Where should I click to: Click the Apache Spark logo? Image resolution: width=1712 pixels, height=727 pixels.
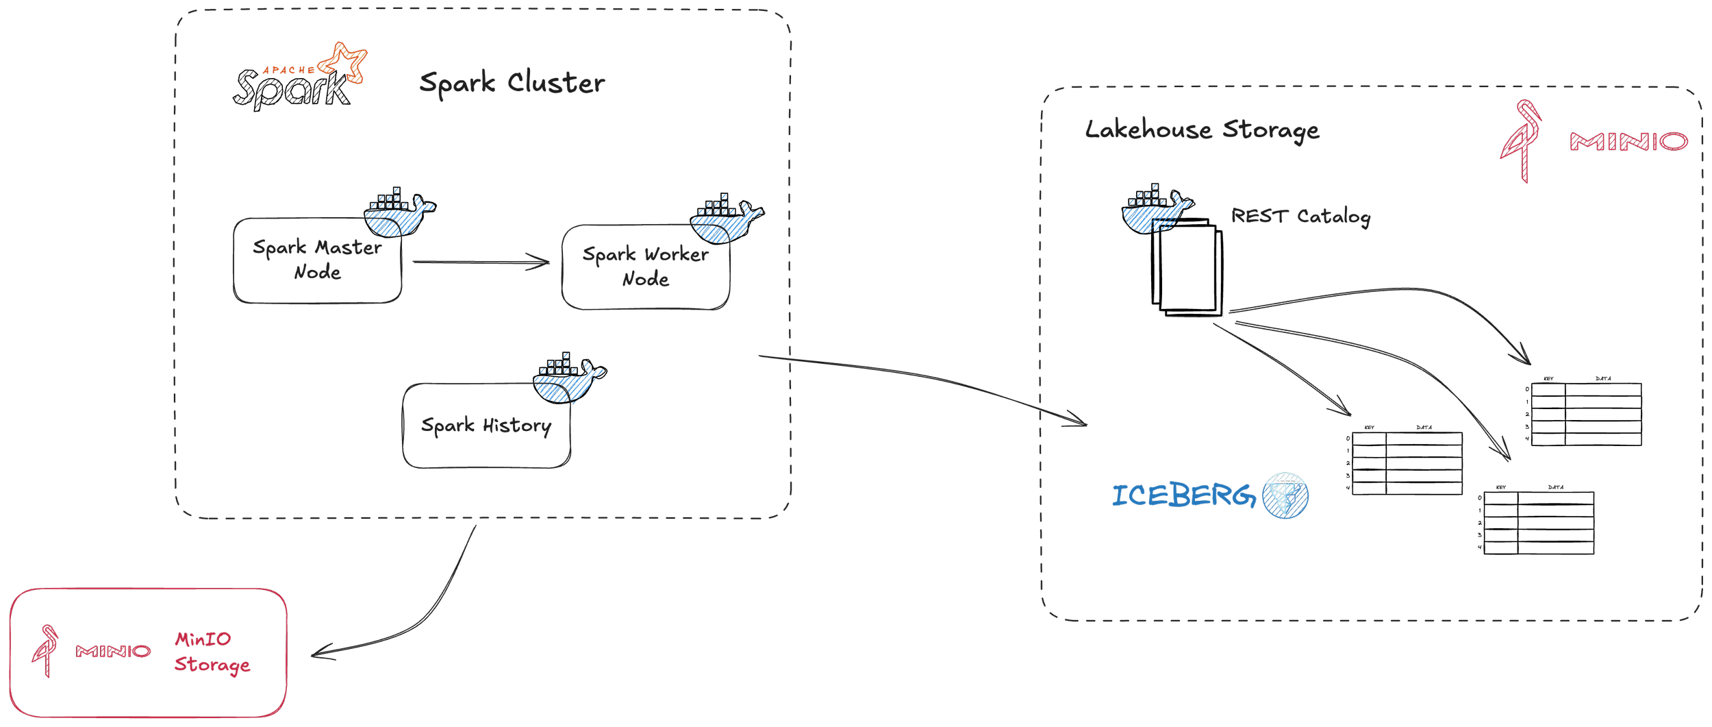coord(300,77)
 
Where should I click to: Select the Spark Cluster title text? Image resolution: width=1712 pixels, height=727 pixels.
coord(512,83)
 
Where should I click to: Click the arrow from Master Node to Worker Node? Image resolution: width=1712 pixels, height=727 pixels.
coord(481,262)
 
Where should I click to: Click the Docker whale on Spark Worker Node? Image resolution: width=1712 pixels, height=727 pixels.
coord(727,219)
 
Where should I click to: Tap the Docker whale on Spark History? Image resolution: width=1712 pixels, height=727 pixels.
coord(570,378)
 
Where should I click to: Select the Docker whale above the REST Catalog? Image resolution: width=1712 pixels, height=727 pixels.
coord(1157,208)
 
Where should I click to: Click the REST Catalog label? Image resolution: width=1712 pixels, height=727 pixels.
coord(1300,217)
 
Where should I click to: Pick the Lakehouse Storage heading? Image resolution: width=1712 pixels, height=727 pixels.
coord(1202,130)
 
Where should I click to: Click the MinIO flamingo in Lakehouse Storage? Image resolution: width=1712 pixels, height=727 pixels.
coord(1521,140)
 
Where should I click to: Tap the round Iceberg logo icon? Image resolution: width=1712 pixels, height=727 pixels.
coord(1285,495)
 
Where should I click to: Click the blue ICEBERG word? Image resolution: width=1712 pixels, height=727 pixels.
coord(1184,495)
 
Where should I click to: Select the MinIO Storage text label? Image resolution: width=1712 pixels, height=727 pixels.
coord(212,652)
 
